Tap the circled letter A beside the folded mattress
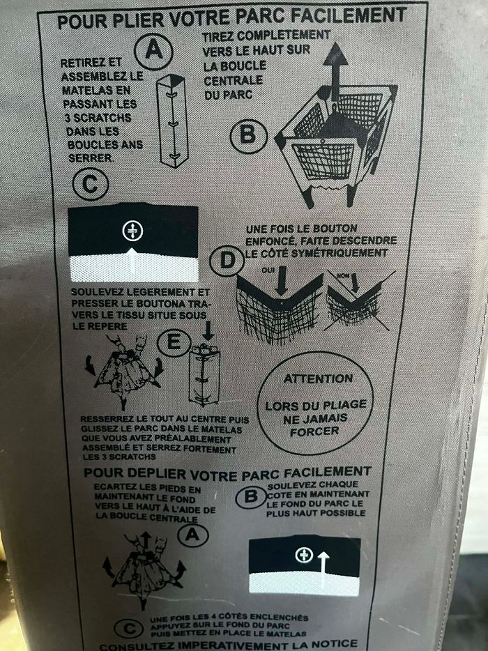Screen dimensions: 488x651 [x=153, y=51]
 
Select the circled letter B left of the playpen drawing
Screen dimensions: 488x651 [x=248, y=135]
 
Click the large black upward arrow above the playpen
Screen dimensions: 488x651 [x=335, y=71]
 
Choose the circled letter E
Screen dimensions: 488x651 [x=174, y=342]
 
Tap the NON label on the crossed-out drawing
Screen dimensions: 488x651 [x=342, y=275]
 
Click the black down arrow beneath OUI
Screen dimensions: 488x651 [x=282, y=280]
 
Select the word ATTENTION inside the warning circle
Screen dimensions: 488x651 [x=318, y=378]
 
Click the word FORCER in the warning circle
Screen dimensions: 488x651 [x=314, y=431]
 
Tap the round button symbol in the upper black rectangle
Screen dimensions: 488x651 [x=132, y=231]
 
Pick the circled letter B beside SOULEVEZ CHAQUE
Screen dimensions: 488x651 [x=251, y=497]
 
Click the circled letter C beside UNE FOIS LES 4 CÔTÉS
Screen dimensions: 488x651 [x=129, y=629]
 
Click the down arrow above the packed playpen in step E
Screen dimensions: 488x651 [x=208, y=331]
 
